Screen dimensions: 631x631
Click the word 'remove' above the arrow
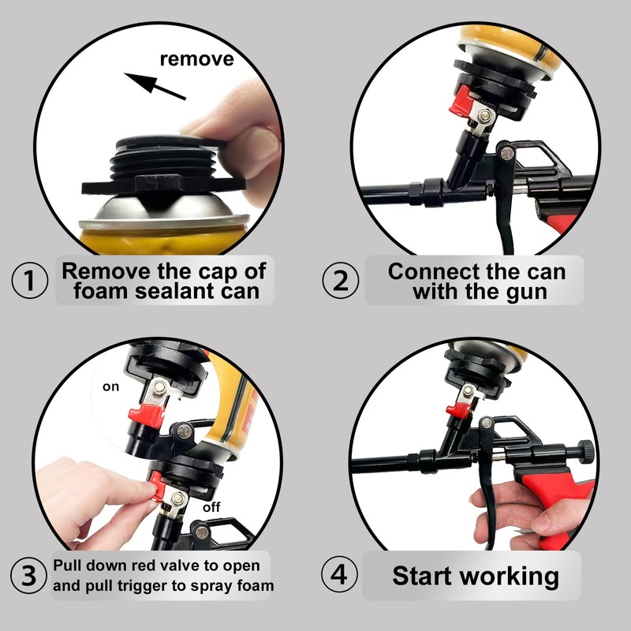click(x=196, y=59)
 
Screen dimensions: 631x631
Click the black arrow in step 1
click(x=155, y=86)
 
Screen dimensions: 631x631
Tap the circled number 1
click(x=29, y=280)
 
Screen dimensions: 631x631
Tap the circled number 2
click(x=340, y=280)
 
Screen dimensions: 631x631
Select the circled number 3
click(x=28, y=575)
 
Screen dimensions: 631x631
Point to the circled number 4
click(x=339, y=574)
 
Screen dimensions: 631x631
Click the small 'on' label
click(x=110, y=386)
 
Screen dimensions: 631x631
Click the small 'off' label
click(x=211, y=507)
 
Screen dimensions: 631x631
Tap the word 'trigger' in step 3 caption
click(x=143, y=586)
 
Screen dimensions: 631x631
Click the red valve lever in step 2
click(x=460, y=101)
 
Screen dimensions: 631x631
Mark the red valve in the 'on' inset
click(x=146, y=413)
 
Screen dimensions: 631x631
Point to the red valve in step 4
click(x=459, y=409)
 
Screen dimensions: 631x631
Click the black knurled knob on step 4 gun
click(x=586, y=452)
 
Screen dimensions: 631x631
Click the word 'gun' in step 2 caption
click(x=526, y=293)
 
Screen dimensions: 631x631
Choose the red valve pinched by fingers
click(x=157, y=487)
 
